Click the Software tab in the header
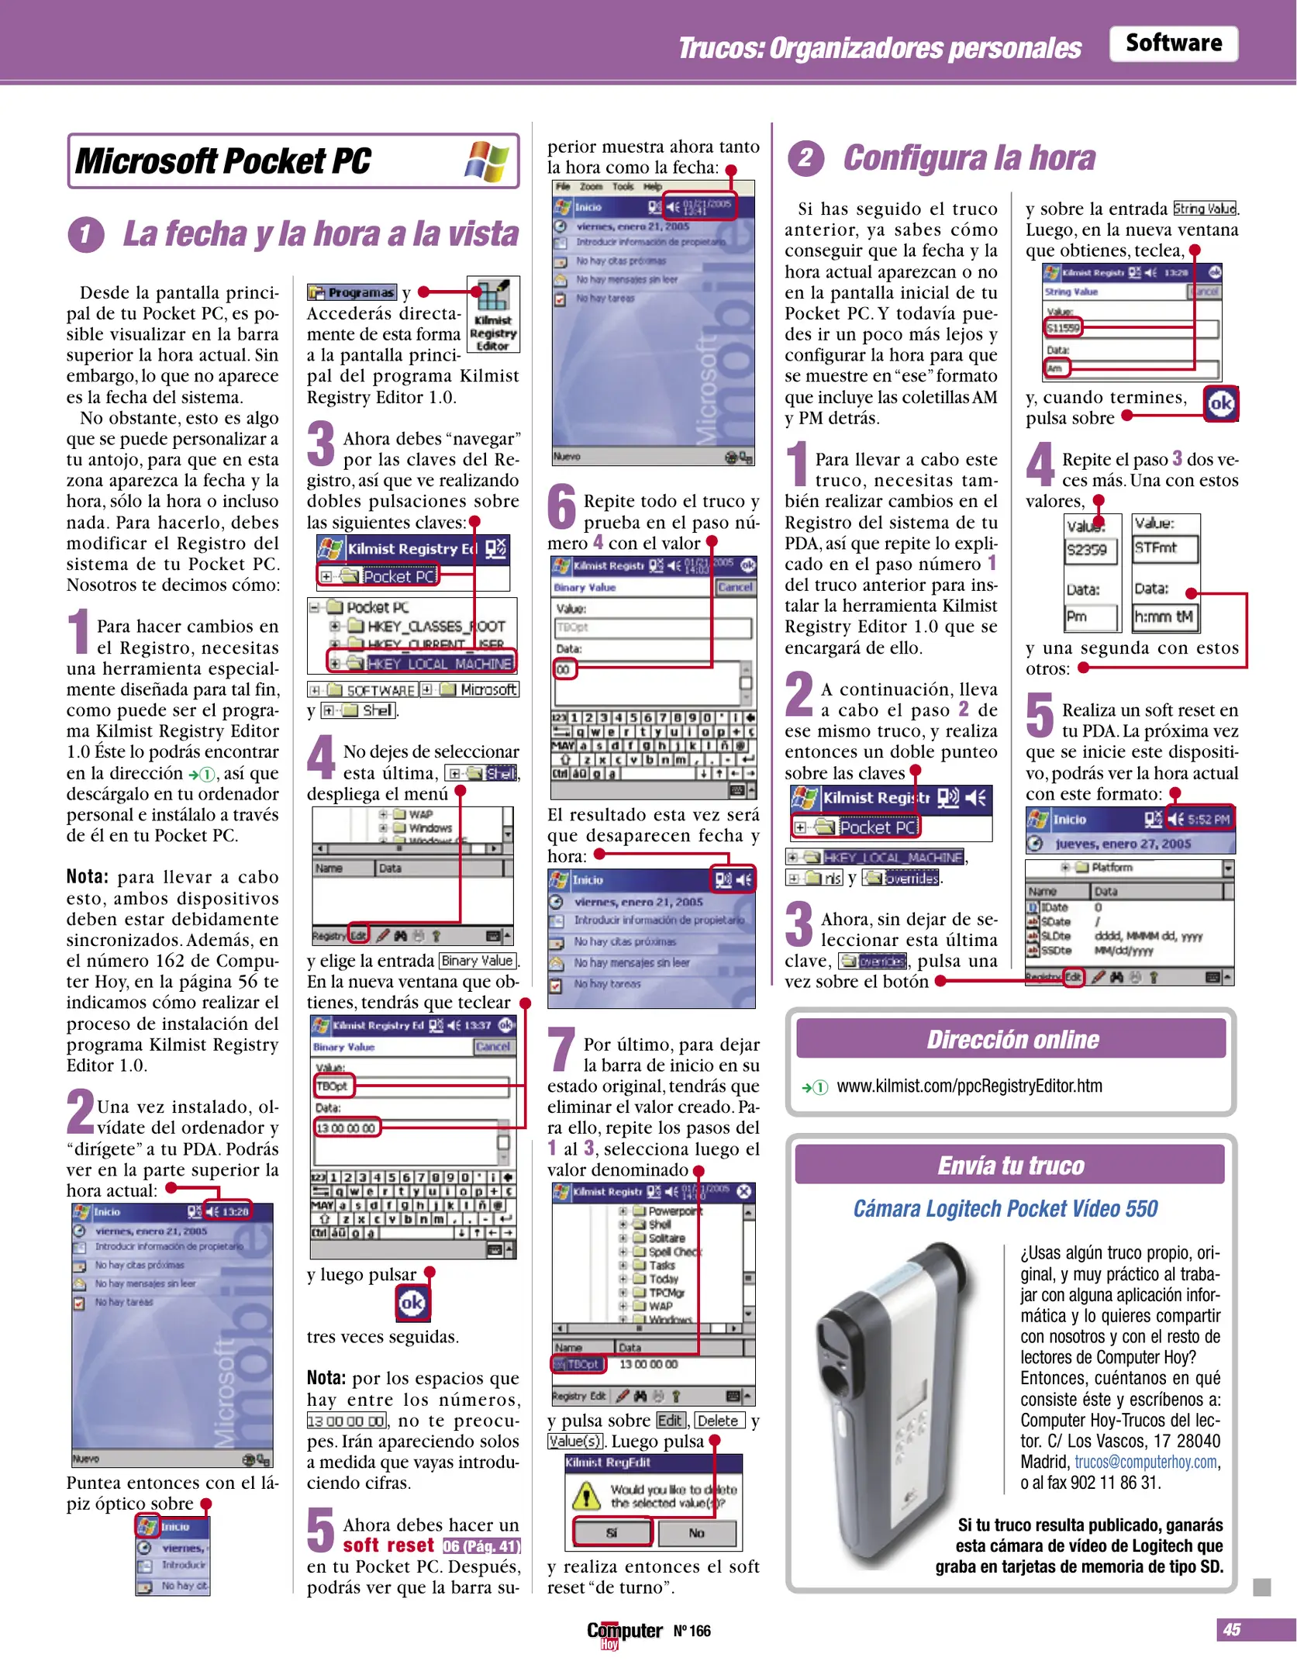(1172, 43)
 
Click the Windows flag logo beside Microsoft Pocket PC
(487, 161)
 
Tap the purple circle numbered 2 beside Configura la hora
(806, 158)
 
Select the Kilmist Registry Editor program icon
(493, 314)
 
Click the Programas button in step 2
(353, 292)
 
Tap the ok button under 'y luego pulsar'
(412, 1303)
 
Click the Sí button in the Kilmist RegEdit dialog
(611, 1533)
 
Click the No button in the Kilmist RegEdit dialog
(696, 1533)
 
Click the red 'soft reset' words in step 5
(388, 1545)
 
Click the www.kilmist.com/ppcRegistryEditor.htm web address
(969, 1086)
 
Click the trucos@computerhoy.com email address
(1146, 1462)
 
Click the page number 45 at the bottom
(1231, 1629)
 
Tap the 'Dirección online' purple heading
(1012, 1039)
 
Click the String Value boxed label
(1204, 209)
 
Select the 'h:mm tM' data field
(1164, 617)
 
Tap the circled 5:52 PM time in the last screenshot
(1208, 819)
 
